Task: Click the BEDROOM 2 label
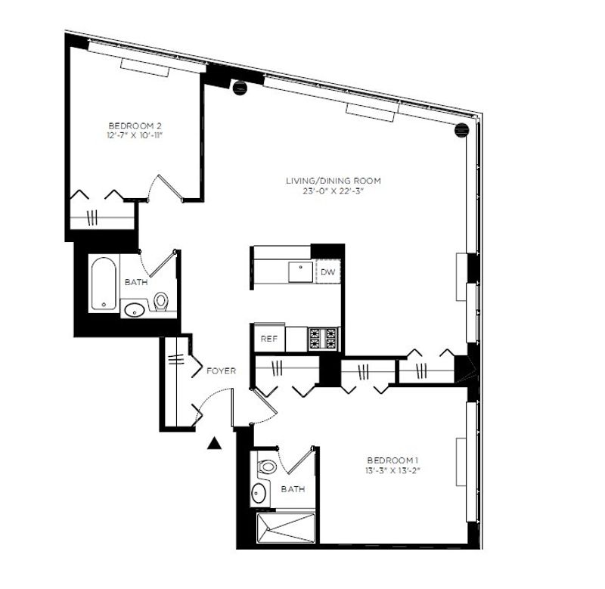[x=135, y=126]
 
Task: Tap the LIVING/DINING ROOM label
[x=334, y=181]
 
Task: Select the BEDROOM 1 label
[x=392, y=460]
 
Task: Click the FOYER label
[x=221, y=371]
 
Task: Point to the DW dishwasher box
[x=328, y=272]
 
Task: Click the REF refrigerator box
[x=269, y=339]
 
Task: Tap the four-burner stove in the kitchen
[x=324, y=339]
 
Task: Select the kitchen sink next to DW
[x=300, y=272]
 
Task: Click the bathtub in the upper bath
[x=104, y=284]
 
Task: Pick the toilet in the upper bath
[x=161, y=301]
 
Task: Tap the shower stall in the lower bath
[x=286, y=528]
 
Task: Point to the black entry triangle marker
[x=214, y=444]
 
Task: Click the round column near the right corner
[x=462, y=130]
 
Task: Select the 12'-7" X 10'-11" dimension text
[x=135, y=136]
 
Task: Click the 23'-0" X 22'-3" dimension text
[x=334, y=191]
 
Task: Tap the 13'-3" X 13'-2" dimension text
[x=392, y=470]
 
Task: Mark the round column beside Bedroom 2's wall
[x=240, y=88]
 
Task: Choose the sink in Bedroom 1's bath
[x=258, y=492]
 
